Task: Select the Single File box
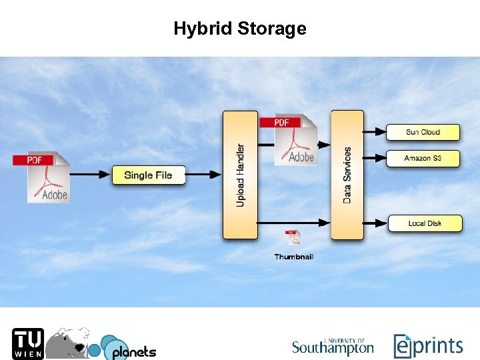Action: (148, 175)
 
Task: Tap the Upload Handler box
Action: (240, 175)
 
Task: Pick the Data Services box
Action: (347, 175)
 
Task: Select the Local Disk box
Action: (425, 223)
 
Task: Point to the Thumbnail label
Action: (294, 257)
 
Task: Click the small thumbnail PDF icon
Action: (293, 238)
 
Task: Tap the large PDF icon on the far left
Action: (41, 177)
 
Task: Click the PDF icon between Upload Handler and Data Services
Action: (288, 140)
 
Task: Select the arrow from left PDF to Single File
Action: (90, 175)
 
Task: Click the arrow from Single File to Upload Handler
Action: (203, 175)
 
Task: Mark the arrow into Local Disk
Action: (375, 223)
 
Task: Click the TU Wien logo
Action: (27, 344)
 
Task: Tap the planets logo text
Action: (133, 351)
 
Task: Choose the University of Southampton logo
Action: (333, 346)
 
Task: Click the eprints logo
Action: (428, 346)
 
